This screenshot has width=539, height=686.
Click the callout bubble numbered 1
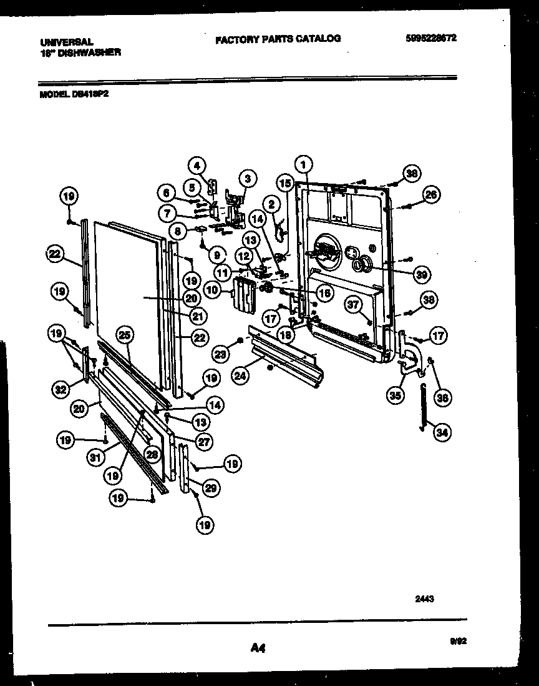click(x=303, y=166)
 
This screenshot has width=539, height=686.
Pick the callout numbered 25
click(x=125, y=336)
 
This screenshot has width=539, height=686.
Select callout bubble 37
click(x=354, y=304)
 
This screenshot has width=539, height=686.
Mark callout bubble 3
click(x=247, y=178)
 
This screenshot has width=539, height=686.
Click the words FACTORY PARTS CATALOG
click(x=278, y=39)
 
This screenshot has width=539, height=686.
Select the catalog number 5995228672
click(x=431, y=37)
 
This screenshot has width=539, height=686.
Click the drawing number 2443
click(x=424, y=598)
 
